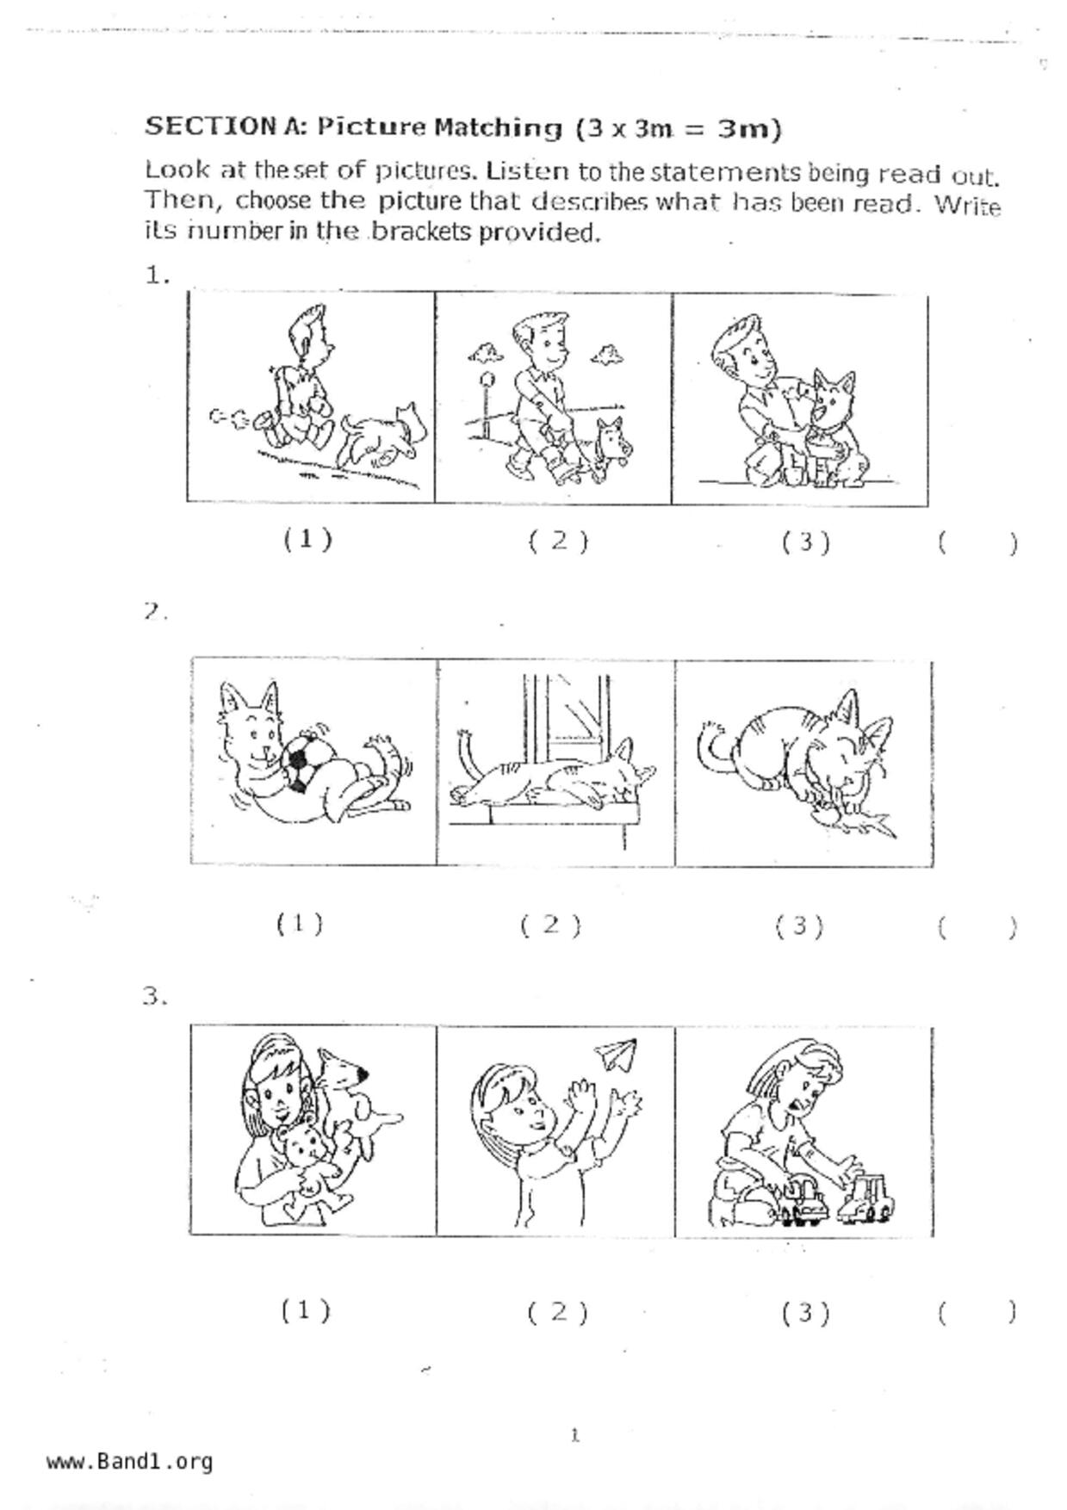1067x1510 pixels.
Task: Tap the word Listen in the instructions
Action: pyautogui.click(x=527, y=170)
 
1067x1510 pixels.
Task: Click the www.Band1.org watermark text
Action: pyautogui.click(x=130, y=1461)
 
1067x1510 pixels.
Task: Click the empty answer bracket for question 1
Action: pyautogui.click(x=978, y=542)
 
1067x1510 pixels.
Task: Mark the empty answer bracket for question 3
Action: pyautogui.click(x=978, y=1312)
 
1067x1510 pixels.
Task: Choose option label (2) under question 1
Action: pyautogui.click(x=558, y=541)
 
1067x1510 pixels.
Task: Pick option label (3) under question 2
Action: pyautogui.click(x=799, y=925)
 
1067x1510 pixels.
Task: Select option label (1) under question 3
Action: pyautogui.click(x=306, y=1310)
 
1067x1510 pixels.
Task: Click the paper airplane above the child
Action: pyautogui.click(x=617, y=1055)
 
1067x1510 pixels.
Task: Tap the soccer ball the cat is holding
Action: pyautogui.click(x=301, y=762)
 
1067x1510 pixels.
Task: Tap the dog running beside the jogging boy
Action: pyautogui.click(x=384, y=435)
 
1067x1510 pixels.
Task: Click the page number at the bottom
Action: pyautogui.click(x=575, y=1435)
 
